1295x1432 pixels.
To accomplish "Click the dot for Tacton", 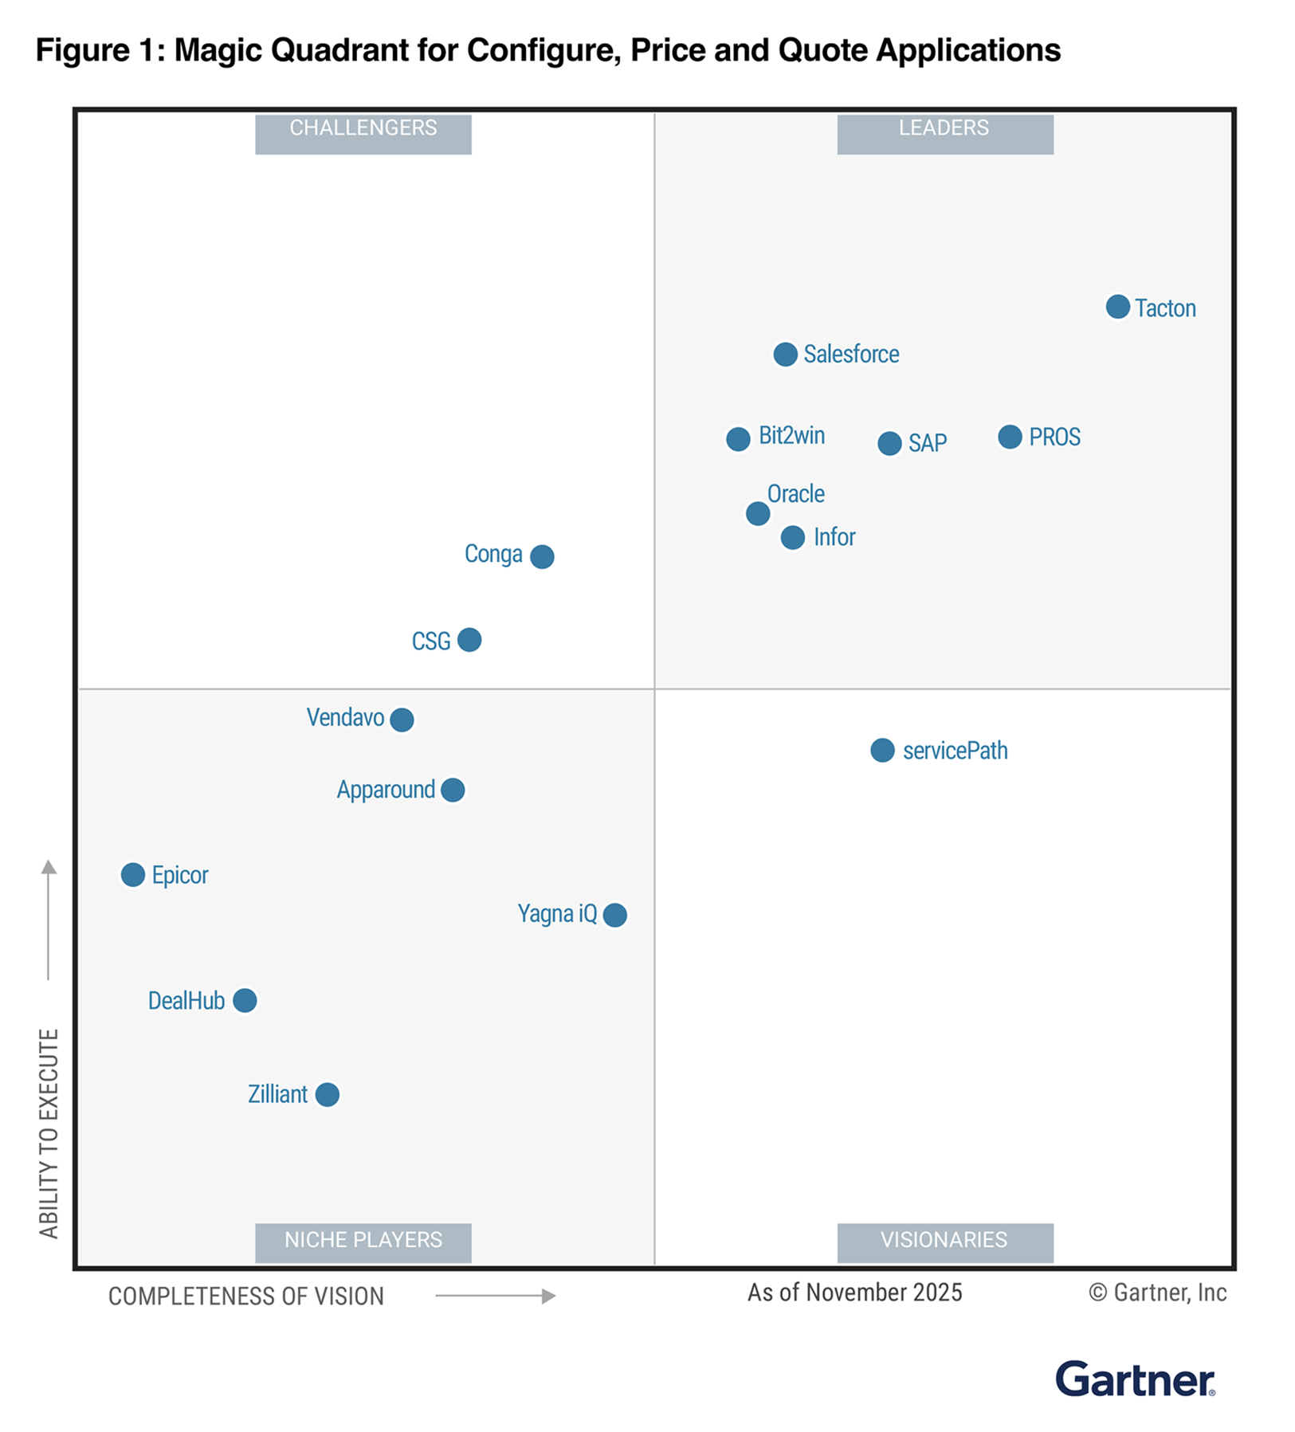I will pos(1117,307).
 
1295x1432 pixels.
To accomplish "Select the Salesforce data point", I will pos(785,355).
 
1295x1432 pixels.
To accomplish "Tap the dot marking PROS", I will pos(1010,437).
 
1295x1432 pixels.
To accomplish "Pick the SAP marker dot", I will pos(889,443).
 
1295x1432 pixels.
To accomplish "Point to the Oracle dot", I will pos(758,513).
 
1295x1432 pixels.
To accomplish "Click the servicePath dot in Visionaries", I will pos(882,750).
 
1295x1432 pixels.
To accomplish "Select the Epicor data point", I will pos(133,874).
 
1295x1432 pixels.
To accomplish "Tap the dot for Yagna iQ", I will pos(614,915).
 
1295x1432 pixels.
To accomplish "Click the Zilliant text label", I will pos(277,1094).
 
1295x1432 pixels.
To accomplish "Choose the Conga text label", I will pos(493,554).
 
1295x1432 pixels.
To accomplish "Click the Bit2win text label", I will pos(791,436).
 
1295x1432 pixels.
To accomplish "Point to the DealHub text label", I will pos(186,1001).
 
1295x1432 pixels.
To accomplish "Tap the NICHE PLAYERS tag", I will pos(363,1240).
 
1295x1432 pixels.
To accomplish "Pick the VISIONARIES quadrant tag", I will pos(944,1240).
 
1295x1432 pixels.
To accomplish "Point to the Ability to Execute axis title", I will pos(49,1133).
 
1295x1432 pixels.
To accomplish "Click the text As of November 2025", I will pos(854,1293).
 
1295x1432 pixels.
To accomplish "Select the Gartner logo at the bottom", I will pos(1135,1379).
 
